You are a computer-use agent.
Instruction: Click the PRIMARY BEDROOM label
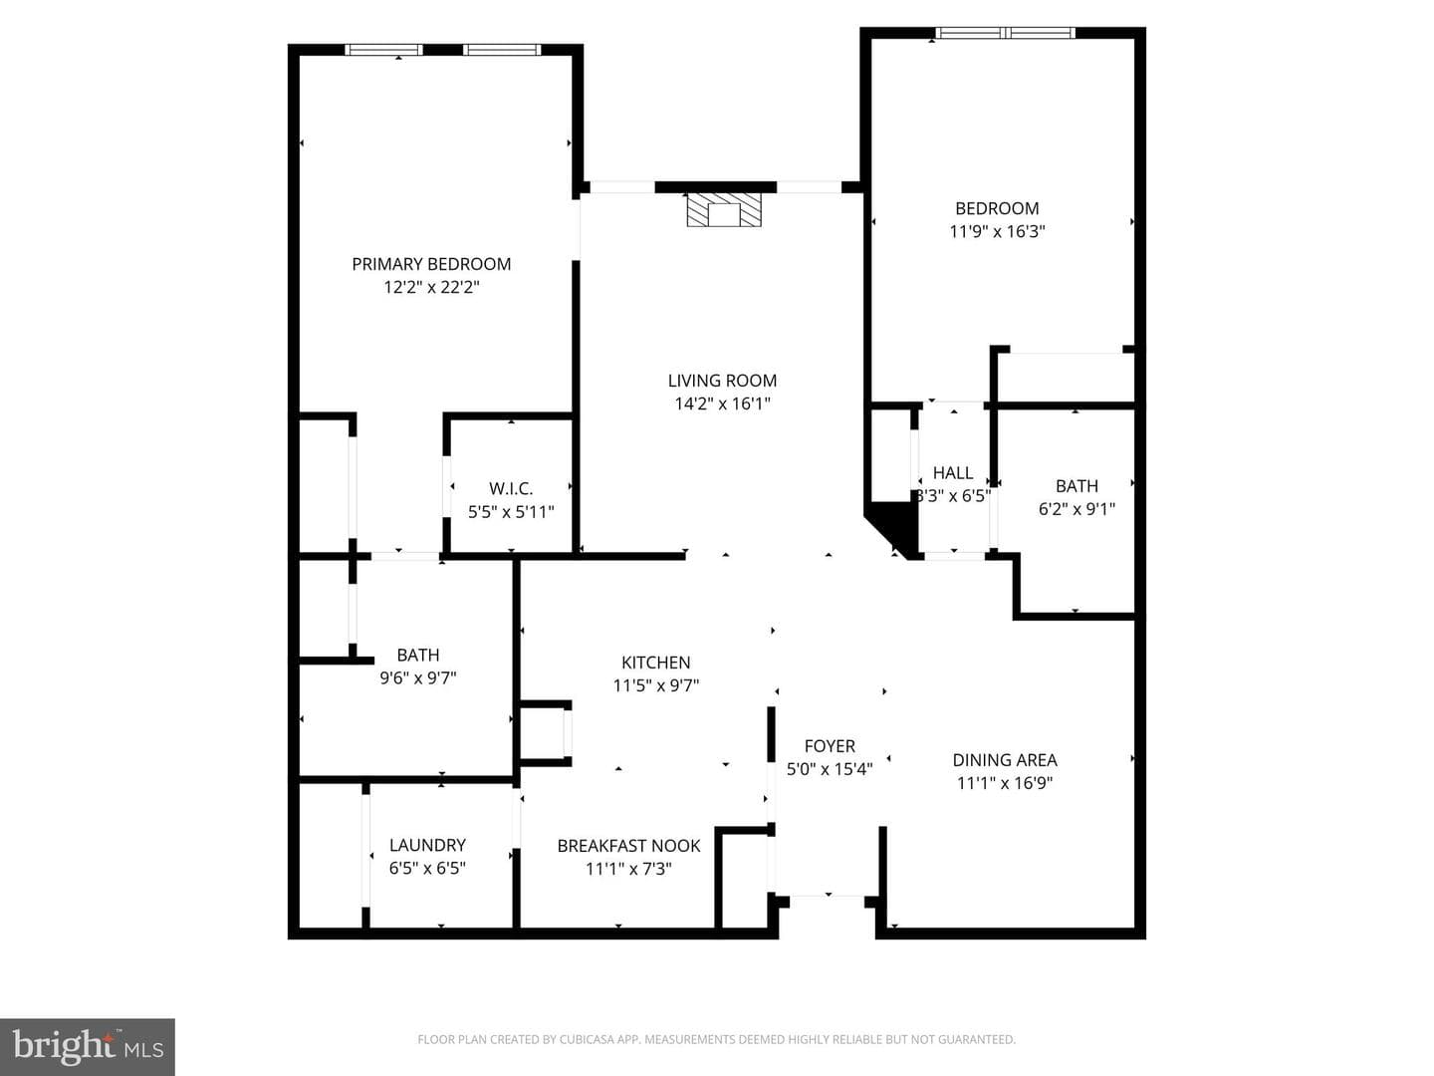tap(431, 264)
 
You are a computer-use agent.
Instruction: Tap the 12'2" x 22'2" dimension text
tap(431, 287)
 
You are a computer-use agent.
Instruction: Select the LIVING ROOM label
tap(722, 381)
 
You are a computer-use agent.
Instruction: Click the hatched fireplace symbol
tap(724, 209)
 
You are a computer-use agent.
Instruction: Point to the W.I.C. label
tap(511, 488)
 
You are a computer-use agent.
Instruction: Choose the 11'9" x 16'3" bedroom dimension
tap(997, 231)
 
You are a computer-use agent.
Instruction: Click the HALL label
tap(953, 472)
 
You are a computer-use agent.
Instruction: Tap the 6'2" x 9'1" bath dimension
tap(1076, 508)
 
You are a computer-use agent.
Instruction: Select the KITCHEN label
tap(656, 663)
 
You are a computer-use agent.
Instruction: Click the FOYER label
tap(830, 746)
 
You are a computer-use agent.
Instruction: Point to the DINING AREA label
tap(1005, 760)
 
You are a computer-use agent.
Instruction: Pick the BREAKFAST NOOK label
tap(628, 846)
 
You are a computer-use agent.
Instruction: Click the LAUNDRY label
tap(427, 845)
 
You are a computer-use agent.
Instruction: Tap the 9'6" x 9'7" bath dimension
tap(418, 677)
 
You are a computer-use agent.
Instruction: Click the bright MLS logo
tap(88, 1047)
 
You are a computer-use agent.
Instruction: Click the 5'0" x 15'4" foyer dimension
tap(830, 769)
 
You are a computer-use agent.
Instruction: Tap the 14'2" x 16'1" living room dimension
tap(723, 403)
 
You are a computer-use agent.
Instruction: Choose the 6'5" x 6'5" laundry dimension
tap(427, 868)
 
